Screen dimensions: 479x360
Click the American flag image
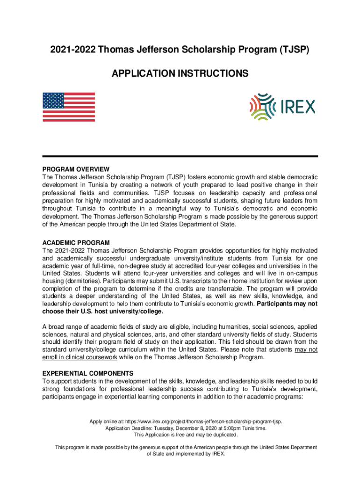tap(69, 107)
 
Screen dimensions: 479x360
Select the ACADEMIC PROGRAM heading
tap(76, 243)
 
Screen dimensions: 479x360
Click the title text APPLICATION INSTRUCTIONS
tap(180, 74)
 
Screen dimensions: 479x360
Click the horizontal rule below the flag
tap(180, 156)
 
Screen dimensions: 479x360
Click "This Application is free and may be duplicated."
tap(180, 435)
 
